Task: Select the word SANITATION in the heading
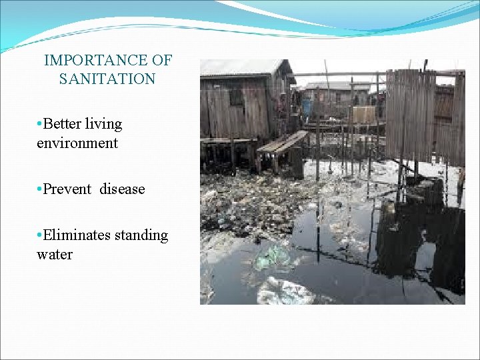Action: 107,79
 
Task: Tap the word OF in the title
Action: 161,61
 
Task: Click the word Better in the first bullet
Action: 63,125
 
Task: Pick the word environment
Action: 77,143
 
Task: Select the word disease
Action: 123,189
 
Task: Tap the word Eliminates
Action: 75,235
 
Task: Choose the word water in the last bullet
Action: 55,254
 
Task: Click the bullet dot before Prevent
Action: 40,189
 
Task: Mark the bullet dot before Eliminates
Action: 40,235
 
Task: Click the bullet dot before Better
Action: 40,125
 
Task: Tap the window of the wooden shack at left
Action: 236,97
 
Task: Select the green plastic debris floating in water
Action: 273,257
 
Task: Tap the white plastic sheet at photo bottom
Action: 283,291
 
